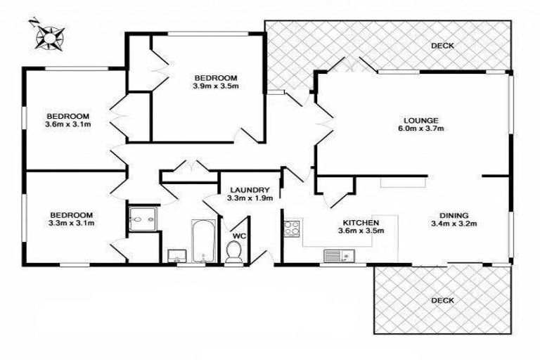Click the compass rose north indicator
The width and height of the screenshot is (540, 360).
point(49,34)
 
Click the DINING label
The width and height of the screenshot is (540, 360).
point(454,216)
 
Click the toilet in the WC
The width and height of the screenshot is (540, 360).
point(234,252)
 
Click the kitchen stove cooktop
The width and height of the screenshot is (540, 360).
point(292,228)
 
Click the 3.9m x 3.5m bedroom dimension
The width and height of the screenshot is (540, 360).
point(216,87)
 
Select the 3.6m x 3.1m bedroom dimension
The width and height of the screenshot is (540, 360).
point(67,125)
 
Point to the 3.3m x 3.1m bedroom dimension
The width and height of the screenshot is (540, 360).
point(71,224)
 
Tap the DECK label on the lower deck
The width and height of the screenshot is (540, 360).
point(443,300)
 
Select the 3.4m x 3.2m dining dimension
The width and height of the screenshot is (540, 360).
point(454,225)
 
